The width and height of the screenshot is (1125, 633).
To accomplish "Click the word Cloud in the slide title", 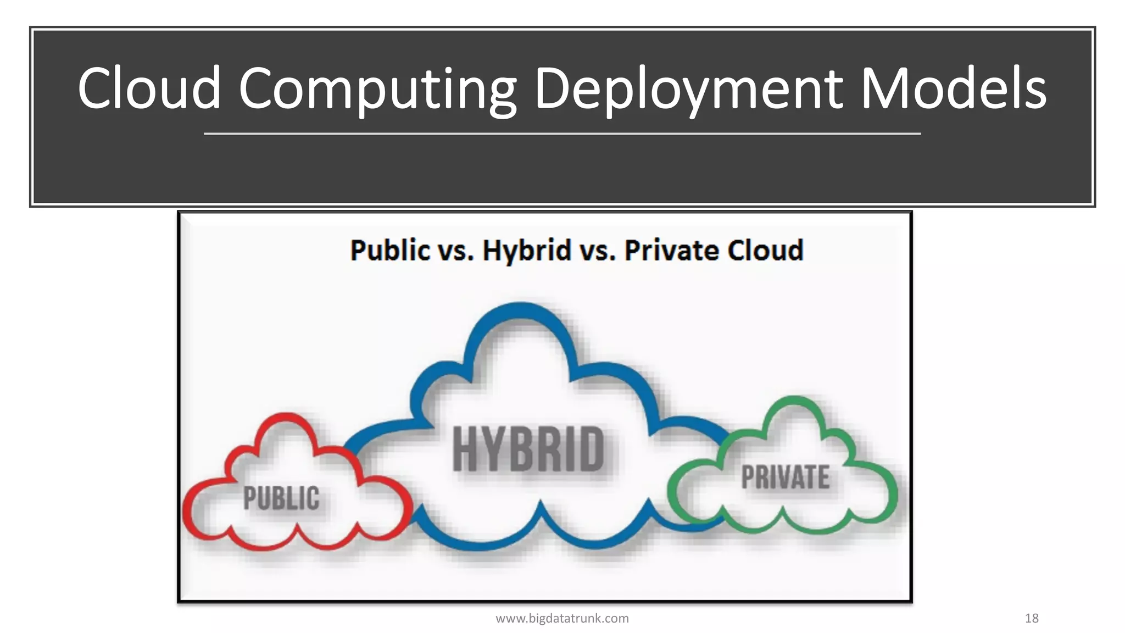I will coord(149,88).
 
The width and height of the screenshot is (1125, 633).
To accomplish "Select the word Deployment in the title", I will coord(689,89).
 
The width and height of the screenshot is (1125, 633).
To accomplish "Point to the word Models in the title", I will coord(953,88).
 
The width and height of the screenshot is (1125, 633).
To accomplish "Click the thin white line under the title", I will coord(562,134).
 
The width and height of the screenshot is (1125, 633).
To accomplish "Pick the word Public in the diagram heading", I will coord(390,251).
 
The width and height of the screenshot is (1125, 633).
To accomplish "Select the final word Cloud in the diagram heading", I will coord(766,251).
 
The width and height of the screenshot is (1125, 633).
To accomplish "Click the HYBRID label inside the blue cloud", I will coord(528,449).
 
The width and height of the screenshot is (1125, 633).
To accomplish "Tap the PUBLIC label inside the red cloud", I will coord(281,498).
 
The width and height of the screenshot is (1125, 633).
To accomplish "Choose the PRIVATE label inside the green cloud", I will coord(786,477).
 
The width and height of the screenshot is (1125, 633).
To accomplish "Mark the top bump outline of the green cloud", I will coord(793,401).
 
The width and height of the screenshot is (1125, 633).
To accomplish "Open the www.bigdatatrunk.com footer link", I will coord(562,619).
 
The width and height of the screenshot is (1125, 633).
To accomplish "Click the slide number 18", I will coord(1032,619).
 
